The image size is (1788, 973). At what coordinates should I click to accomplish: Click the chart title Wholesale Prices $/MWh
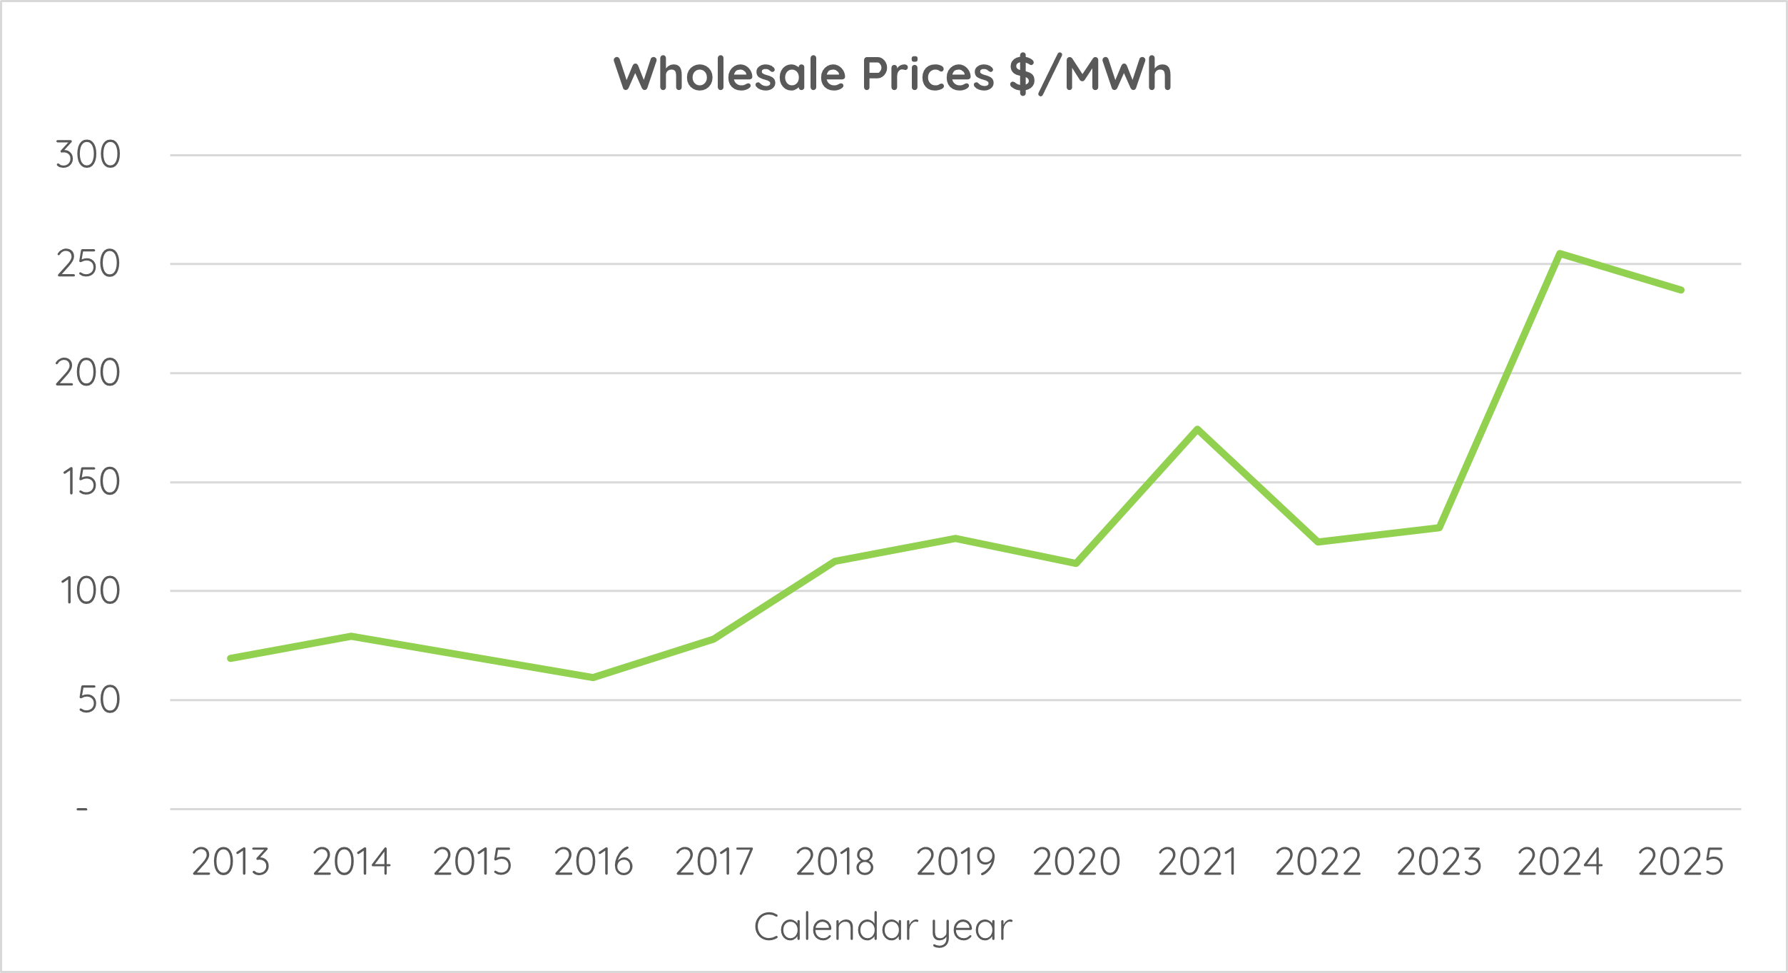click(893, 74)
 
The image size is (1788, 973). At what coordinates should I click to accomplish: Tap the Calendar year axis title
click(883, 927)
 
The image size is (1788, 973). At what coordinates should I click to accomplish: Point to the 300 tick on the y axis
click(88, 155)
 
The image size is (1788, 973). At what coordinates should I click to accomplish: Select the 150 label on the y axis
click(91, 482)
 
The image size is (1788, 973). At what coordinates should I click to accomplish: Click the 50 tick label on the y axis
click(98, 700)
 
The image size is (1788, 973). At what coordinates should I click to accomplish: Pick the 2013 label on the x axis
click(230, 862)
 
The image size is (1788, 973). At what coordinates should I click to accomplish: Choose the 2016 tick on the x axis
click(593, 862)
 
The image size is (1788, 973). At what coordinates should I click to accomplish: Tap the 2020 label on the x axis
click(1076, 862)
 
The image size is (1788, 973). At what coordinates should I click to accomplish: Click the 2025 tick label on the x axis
click(1680, 862)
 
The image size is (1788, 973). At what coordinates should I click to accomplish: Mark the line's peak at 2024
click(1560, 253)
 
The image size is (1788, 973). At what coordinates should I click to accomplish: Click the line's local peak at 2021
click(1197, 429)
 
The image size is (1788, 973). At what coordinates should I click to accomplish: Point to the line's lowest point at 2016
click(593, 677)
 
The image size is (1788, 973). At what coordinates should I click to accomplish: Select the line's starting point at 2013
click(230, 658)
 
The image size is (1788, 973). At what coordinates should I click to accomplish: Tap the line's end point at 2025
click(1681, 290)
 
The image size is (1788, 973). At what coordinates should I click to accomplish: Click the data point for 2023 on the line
click(1439, 528)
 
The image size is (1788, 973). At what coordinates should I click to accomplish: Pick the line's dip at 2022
click(1318, 542)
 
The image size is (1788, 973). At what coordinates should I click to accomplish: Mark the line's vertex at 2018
click(835, 561)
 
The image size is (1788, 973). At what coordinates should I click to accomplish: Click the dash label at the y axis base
click(82, 809)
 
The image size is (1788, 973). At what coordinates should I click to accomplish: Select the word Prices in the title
click(928, 74)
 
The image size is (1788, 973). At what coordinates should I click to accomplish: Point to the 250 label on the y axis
click(88, 264)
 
